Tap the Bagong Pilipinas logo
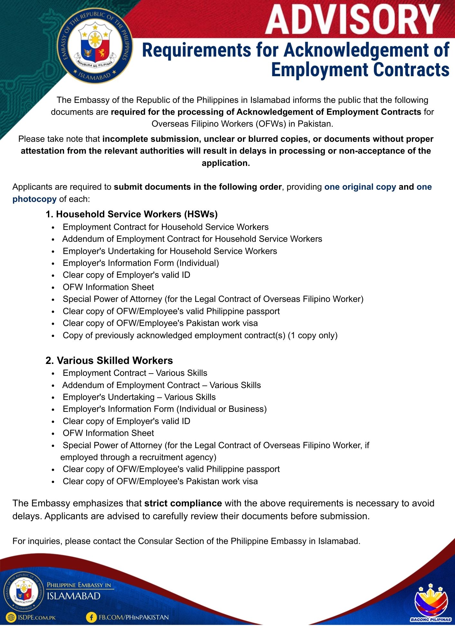point(431,604)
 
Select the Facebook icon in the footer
point(91,617)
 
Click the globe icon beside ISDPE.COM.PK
point(11,617)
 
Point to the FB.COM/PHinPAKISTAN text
point(134,617)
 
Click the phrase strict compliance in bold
point(183,503)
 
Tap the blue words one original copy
point(360,187)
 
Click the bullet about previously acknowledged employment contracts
point(200,335)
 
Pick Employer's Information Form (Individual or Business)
point(164,409)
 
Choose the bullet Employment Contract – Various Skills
point(135,373)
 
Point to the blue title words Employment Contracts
point(360,70)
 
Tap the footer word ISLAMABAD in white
point(74,596)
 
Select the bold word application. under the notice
point(226,163)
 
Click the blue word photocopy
point(34,199)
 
